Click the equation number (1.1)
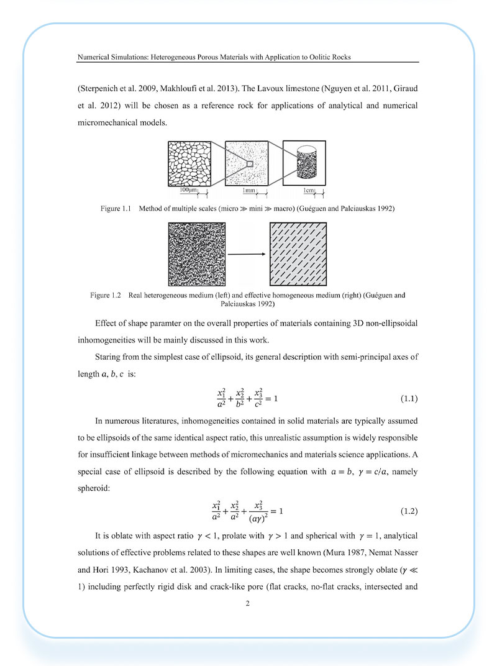tap(408, 396)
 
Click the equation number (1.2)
tap(408, 511)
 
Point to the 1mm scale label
tap(250, 189)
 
